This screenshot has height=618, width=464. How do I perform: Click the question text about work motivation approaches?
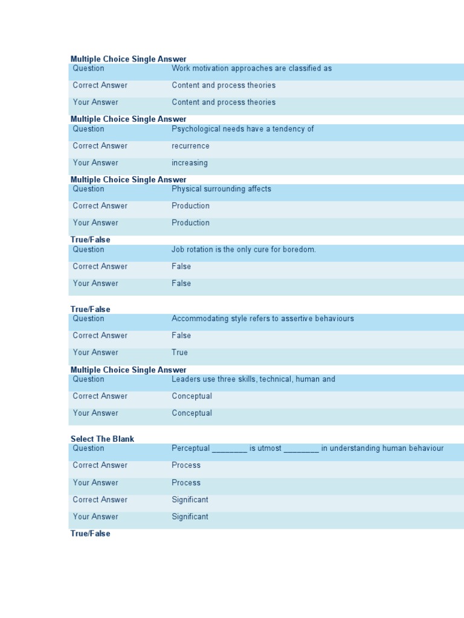click(x=251, y=69)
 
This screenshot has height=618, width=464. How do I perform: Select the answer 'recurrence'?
click(x=190, y=146)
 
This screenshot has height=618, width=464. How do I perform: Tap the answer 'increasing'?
click(x=189, y=163)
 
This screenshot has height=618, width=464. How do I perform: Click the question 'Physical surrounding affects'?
click(x=221, y=190)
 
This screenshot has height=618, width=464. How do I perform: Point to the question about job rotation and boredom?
click(x=243, y=250)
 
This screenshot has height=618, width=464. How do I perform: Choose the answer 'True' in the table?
click(x=179, y=352)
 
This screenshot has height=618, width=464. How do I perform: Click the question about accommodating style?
click(x=262, y=319)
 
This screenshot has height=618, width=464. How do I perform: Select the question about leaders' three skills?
click(x=253, y=380)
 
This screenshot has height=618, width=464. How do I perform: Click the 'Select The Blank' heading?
click(x=102, y=439)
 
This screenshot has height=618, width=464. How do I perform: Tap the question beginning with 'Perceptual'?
click(x=307, y=448)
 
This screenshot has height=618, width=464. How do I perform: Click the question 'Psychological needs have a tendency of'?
click(x=242, y=129)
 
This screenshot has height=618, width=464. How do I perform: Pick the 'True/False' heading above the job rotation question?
click(x=90, y=240)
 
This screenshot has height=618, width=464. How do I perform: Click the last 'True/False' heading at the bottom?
click(x=90, y=534)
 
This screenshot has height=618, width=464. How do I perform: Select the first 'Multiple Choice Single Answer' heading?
click(x=128, y=59)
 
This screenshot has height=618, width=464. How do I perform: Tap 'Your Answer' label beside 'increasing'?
click(x=95, y=163)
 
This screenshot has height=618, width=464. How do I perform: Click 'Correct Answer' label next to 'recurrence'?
click(x=100, y=146)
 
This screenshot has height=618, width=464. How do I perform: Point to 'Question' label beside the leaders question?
click(x=88, y=380)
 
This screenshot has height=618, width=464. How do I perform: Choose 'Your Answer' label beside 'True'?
click(x=95, y=352)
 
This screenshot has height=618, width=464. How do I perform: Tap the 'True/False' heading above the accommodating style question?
click(x=90, y=310)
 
